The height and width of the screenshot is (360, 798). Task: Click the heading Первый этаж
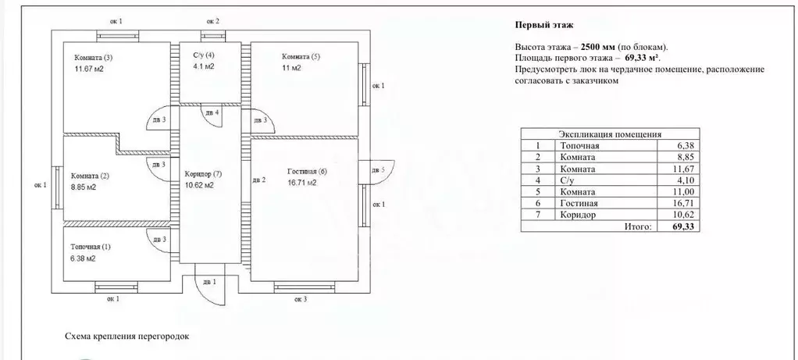544,24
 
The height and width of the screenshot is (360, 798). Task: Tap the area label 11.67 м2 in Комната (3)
89,69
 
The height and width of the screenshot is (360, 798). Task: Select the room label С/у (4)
204,55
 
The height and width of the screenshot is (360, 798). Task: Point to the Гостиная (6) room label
307,172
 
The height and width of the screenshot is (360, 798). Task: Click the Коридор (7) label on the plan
204,174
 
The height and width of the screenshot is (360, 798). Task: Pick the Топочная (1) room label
91,247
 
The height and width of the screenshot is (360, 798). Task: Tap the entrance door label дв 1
210,282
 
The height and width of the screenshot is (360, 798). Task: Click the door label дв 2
259,180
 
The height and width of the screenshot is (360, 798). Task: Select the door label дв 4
212,112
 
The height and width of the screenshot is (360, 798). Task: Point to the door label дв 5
378,169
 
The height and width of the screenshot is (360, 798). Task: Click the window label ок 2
212,21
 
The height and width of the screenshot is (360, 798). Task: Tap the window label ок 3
301,299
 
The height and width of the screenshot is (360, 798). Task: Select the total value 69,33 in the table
683,226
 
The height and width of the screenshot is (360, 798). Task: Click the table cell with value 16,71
683,203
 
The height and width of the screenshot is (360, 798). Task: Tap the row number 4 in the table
537,180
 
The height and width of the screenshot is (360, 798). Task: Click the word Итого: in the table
638,226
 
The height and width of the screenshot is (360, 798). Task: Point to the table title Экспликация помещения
610,134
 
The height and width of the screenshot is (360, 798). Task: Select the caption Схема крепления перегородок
127,336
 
